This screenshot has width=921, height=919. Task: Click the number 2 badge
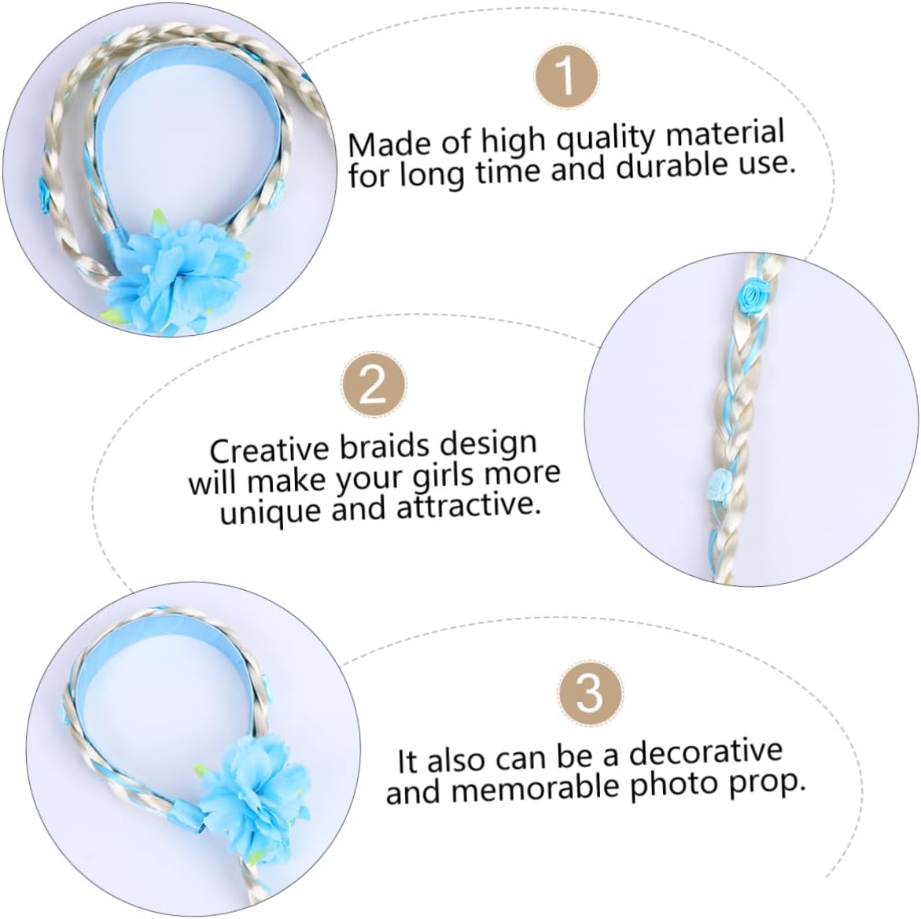(374, 386)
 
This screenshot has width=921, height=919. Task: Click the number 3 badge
(589, 694)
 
